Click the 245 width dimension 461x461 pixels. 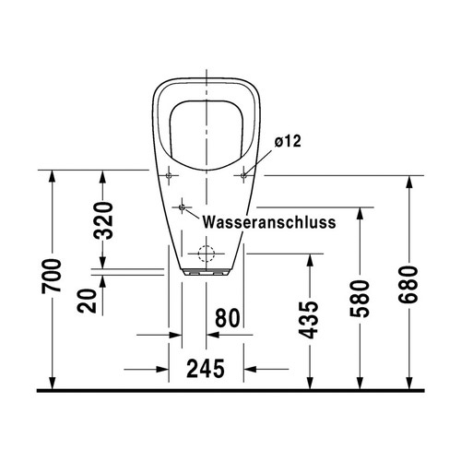point(207,369)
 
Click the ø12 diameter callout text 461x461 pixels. point(288,141)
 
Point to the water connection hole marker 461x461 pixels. point(183,206)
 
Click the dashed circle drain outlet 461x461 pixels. point(207,254)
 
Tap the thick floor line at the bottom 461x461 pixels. point(230,390)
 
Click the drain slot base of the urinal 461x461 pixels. point(207,273)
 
